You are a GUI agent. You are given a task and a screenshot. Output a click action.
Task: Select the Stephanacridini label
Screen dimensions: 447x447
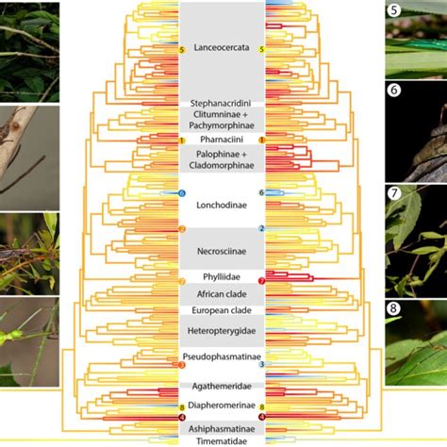point(223,102)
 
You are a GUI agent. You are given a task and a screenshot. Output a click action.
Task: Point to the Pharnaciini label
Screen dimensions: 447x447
point(223,139)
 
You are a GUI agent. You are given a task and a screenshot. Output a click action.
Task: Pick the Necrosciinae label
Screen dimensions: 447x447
point(223,252)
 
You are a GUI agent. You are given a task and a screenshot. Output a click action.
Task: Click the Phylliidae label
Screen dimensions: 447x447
point(223,277)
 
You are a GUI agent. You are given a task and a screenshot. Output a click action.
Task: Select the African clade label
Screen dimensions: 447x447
point(223,294)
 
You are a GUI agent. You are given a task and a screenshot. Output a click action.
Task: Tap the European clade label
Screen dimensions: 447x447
point(223,310)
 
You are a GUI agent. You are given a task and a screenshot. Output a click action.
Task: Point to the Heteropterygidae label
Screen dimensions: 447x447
point(223,331)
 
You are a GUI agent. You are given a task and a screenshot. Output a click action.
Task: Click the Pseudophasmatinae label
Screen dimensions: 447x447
point(223,358)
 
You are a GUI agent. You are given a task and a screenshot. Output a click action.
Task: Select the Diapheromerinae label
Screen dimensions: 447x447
point(223,407)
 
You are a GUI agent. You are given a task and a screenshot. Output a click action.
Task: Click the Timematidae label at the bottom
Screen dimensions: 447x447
point(223,439)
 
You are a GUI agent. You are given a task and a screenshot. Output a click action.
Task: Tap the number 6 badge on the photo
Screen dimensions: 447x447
point(394,91)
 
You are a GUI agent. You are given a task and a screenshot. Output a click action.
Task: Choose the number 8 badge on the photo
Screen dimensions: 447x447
point(394,307)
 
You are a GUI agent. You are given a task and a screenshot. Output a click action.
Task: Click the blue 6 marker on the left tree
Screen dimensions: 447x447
point(182,193)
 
